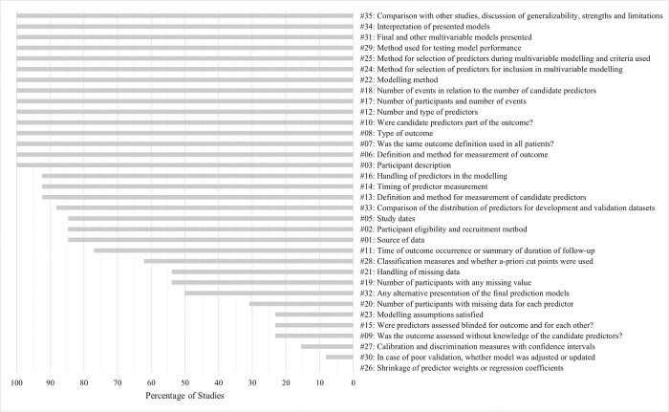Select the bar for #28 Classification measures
248,261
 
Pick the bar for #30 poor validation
339,357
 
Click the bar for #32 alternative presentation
269,293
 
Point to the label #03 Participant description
417,164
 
